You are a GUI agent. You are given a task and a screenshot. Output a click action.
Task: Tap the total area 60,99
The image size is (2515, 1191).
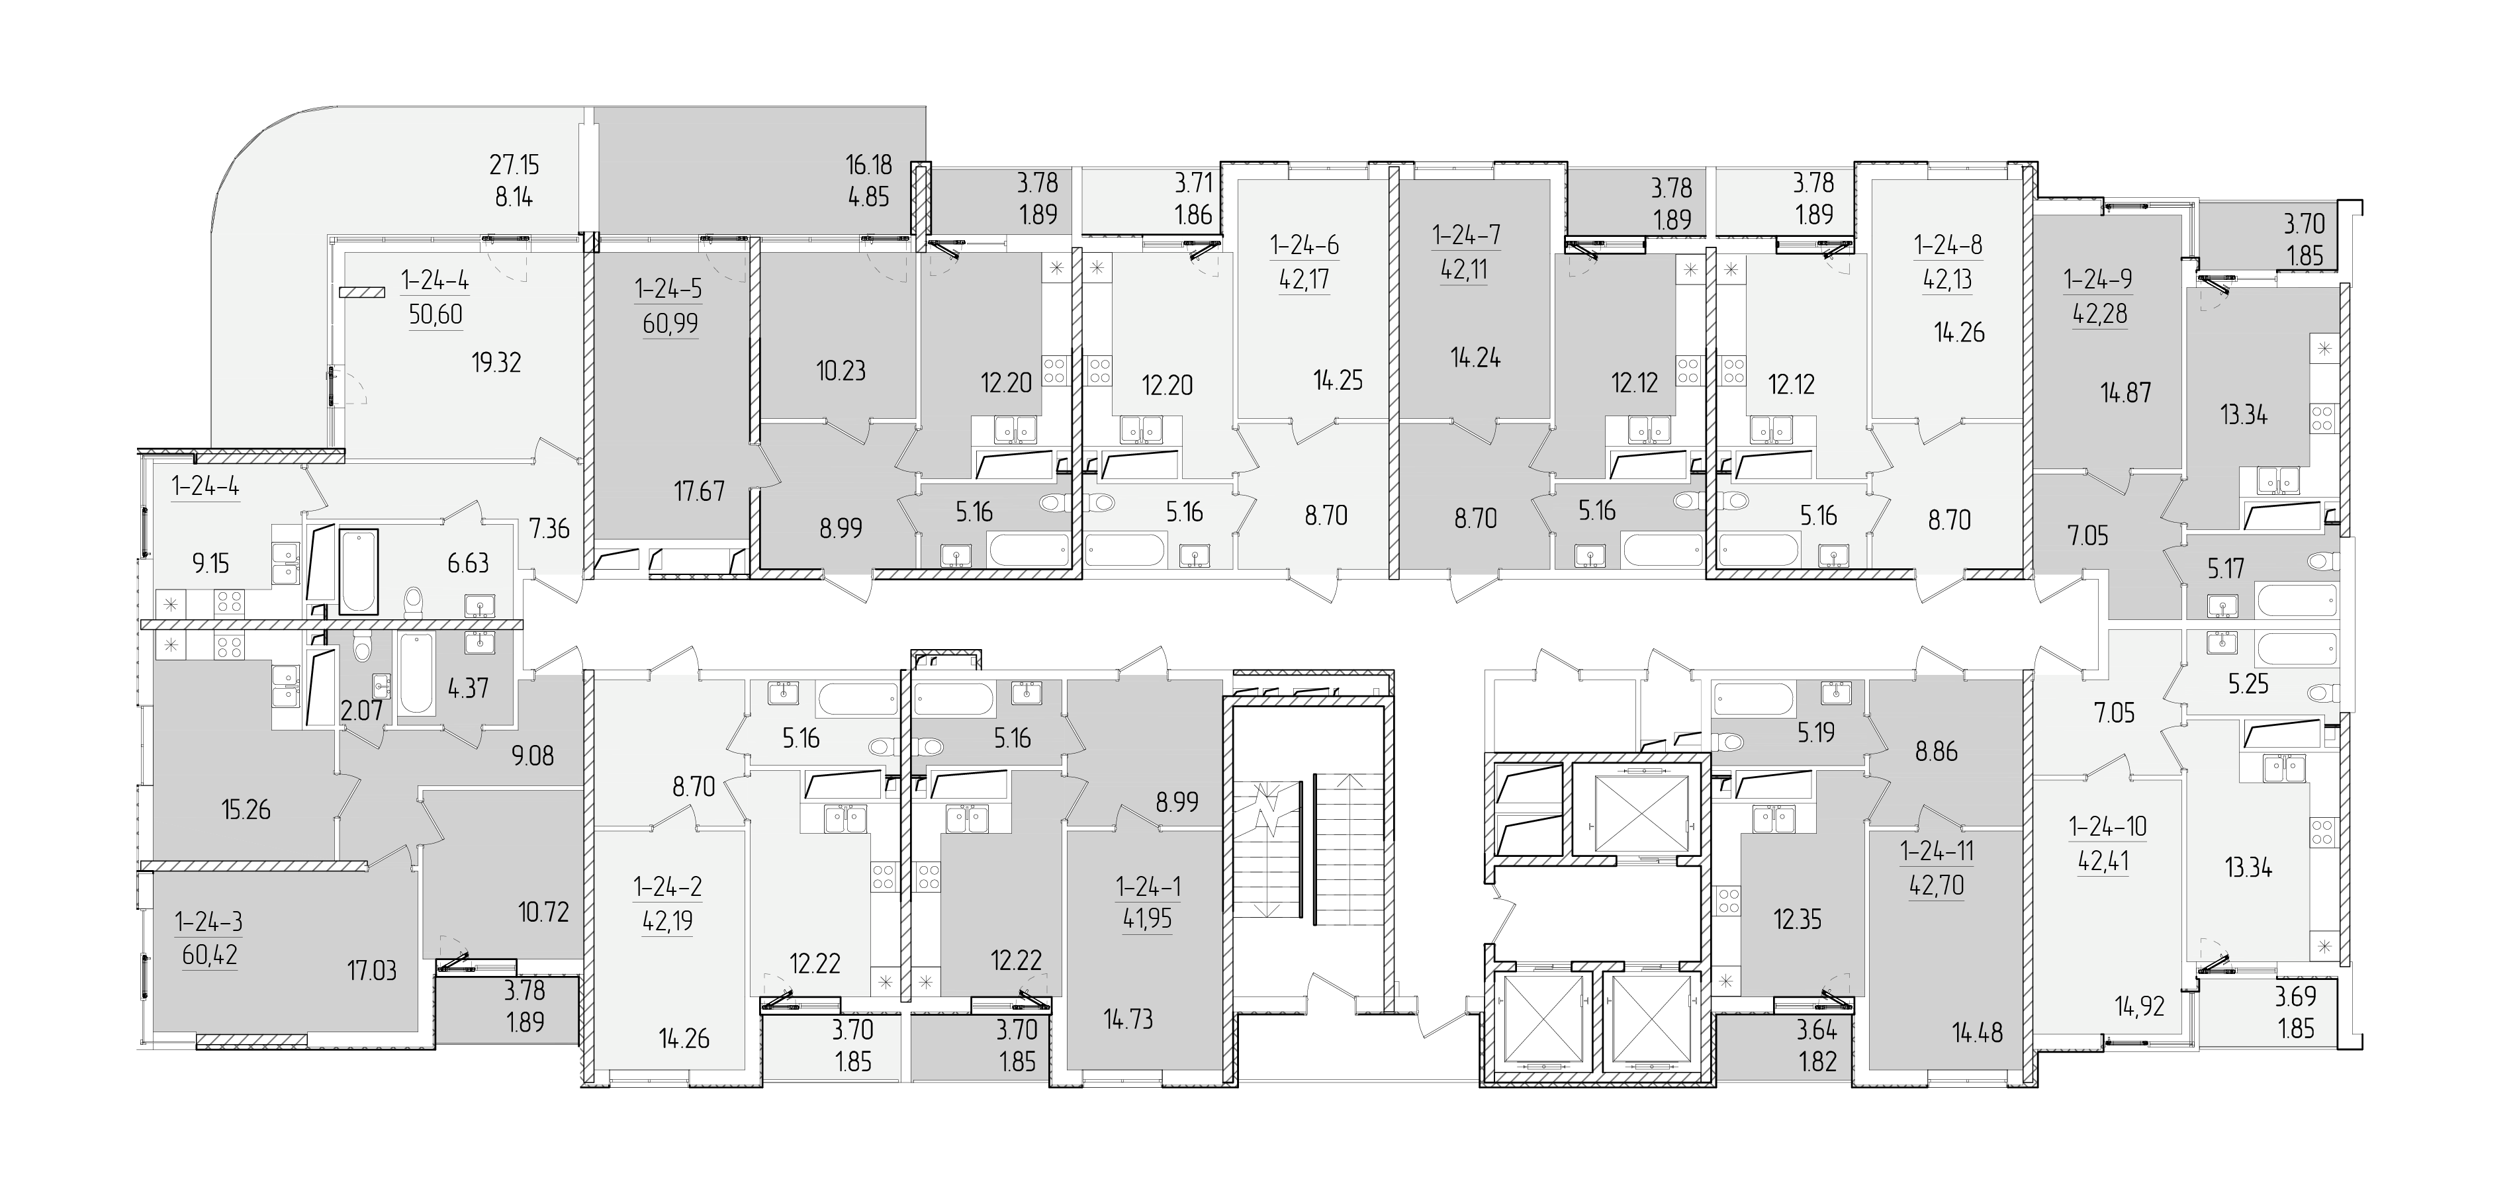pyautogui.click(x=670, y=323)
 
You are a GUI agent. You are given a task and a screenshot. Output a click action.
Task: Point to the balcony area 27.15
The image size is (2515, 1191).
pyautogui.click(x=514, y=164)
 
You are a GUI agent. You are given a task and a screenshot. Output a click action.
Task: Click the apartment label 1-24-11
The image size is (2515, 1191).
pyautogui.click(x=1937, y=852)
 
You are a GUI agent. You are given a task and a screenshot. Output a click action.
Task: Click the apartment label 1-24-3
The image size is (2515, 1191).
pyautogui.click(x=209, y=922)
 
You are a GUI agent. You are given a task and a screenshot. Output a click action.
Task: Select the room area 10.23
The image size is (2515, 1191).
pyautogui.click(x=841, y=371)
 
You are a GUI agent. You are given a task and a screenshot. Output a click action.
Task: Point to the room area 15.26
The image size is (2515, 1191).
pyautogui.click(x=246, y=809)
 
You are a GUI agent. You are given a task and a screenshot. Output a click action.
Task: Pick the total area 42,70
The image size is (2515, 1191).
pyautogui.click(x=1937, y=885)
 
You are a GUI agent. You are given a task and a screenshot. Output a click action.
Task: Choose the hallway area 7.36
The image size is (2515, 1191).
pyautogui.click(x=550, y=529)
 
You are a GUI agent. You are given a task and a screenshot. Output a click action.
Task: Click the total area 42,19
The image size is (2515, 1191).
pyautogui.click(x=668, y=920)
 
